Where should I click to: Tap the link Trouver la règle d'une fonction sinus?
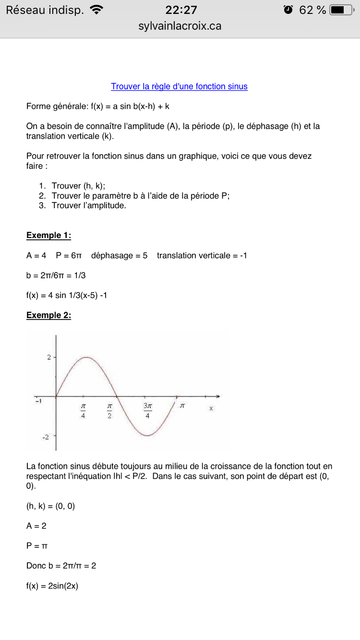coord(179,86)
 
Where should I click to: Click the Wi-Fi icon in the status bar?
coord(96,10)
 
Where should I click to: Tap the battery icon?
coord(341,10)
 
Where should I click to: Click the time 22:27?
coord(181,10)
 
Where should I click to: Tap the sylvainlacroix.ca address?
coord(180,26)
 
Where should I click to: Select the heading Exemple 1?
coord(48,235)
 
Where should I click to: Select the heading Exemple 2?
coord(48,315)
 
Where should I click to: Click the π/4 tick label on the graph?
coord(84,410)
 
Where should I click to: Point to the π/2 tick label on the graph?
coord(109,410)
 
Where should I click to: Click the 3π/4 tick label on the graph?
coord(147,410)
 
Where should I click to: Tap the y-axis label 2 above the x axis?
coord(49,357)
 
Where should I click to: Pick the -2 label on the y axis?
coord(47,438)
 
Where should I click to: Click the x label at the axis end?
coord(211,408)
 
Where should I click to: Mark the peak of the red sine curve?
coord(86,357)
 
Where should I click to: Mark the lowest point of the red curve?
coord(148,436)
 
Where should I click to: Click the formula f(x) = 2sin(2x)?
coord(52,586)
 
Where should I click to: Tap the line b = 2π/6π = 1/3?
coord(56,275)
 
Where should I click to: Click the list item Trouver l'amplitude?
coord(89,205)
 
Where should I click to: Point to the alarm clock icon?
coord(288,10)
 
